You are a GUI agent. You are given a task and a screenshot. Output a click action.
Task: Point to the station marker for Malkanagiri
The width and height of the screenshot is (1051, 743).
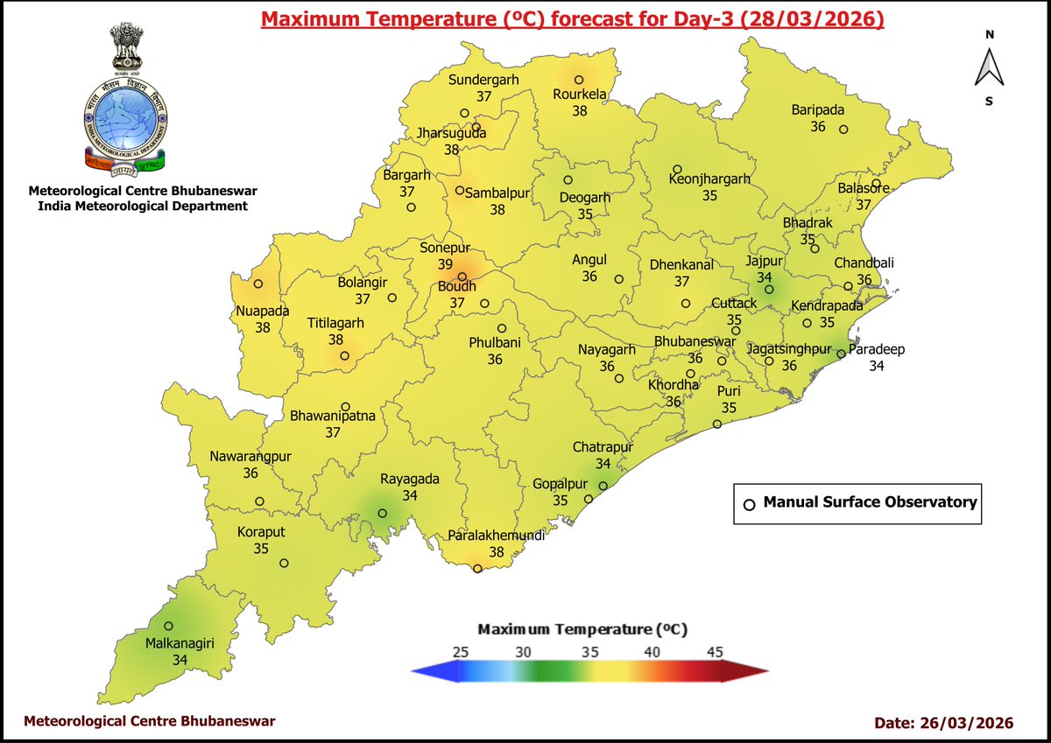pos(168,626)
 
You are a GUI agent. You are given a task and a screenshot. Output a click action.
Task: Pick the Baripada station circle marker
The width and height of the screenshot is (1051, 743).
pos(843,130)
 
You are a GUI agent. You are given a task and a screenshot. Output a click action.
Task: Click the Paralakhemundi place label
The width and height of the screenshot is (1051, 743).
pos(497,536)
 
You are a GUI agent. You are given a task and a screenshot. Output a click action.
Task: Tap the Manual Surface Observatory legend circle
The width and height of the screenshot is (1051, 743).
pos(749,504)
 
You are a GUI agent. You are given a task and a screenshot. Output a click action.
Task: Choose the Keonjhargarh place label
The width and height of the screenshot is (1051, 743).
pos(709,179)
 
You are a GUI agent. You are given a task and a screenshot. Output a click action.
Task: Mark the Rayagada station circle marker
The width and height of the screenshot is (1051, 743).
pos(382,514)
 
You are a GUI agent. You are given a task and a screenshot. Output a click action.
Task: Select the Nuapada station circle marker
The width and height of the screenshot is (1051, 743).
pos(257,284)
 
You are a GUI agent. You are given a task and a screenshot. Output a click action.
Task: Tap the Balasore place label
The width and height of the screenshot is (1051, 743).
pos(863,188)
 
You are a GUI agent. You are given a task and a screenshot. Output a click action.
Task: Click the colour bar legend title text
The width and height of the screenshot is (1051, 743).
pos(582,629)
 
